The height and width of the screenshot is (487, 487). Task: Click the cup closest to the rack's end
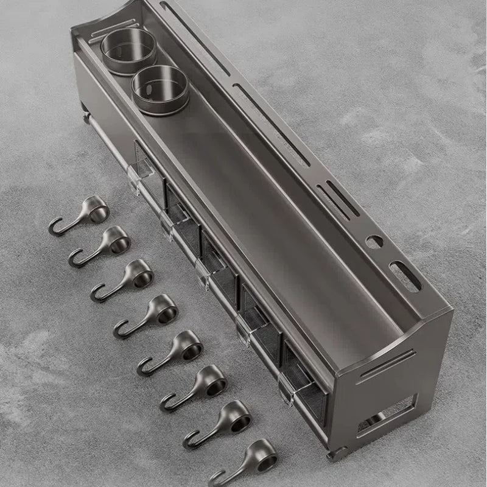pyautogui.click(x=128, y=51)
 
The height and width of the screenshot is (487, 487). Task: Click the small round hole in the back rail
pyautogui.click(x=376, y=241)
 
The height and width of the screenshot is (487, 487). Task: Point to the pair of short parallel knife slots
pyautogui.click(x=338, y=198)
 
